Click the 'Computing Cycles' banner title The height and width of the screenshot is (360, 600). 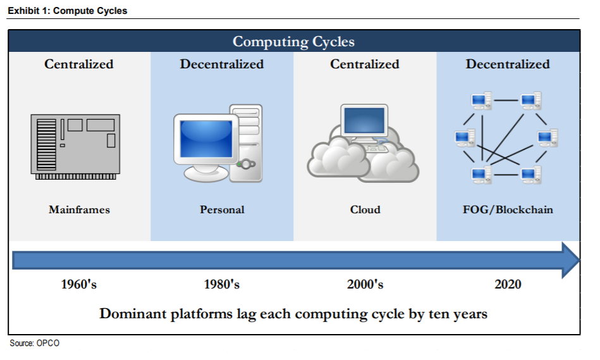[293, 42]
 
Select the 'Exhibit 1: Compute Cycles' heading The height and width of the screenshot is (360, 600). [68, 11]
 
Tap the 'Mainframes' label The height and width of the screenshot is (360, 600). [79, 209]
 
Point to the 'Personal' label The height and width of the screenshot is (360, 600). [222, 209]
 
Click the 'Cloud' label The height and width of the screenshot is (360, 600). [365, 209]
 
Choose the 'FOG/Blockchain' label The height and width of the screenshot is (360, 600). [508, 209]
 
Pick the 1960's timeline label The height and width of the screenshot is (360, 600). [79, 284]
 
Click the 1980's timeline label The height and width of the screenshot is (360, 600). [221, 284]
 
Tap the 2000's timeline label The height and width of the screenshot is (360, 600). [365, 284]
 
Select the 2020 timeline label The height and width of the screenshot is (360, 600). [508, 284]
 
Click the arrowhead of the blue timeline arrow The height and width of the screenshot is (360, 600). [571, 261]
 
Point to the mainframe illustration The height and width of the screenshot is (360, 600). [75, 147]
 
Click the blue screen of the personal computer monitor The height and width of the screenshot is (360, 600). [206, 139]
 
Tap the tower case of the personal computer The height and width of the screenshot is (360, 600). [247, 143]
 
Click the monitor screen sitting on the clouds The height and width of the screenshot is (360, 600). [364, 120]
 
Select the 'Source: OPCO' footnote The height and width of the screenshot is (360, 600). [34, 343]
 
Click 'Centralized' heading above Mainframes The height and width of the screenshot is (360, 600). [79, 64]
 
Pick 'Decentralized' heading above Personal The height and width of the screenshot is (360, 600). [222, 64]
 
